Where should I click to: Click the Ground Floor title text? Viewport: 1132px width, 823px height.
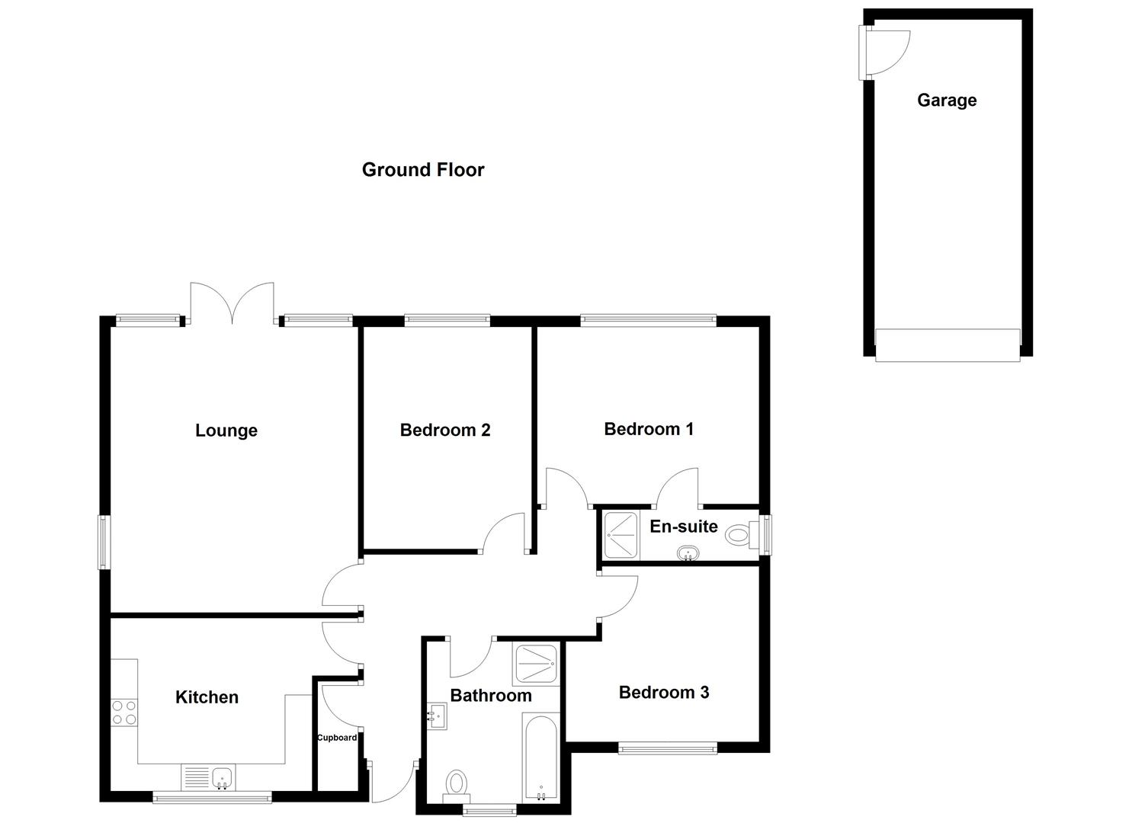[422, 169]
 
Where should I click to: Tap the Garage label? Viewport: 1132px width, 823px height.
[946, 100]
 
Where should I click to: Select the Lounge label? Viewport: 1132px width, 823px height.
[226, 431]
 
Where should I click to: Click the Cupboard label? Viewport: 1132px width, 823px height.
[337, 738]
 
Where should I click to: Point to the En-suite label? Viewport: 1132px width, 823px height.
[683, 527]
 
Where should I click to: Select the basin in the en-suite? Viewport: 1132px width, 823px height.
[689, 553]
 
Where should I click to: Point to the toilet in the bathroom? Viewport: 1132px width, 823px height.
[457, 784]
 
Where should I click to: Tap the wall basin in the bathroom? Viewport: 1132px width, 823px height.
[437, 716]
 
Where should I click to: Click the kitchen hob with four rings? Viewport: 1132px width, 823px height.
[124, 712]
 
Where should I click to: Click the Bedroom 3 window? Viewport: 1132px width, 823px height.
[667, 749]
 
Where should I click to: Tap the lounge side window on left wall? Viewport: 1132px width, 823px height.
[104, 542]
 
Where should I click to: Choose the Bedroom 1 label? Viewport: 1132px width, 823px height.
[648, 429]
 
